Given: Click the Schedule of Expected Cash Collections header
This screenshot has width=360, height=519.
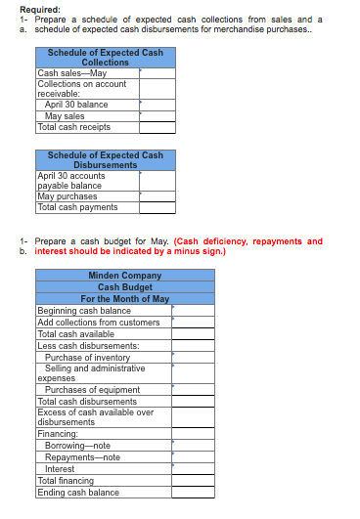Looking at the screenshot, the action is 106,57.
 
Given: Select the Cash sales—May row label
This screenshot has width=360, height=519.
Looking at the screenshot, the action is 71,72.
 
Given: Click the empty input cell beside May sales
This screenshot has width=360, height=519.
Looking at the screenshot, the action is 157,115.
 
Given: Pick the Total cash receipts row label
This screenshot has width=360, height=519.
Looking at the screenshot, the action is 73,126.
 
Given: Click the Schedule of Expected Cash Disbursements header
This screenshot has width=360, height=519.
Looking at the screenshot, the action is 106,160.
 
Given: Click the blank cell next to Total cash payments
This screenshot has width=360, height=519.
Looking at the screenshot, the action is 157,207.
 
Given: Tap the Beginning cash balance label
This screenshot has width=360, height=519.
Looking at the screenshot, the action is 84,311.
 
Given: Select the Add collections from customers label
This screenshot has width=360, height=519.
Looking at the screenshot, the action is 98,323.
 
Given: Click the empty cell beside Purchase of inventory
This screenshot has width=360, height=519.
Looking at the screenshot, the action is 193,357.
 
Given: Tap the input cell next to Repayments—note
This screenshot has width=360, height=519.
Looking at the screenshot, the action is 193,456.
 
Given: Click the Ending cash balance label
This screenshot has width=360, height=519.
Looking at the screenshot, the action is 78,493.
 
